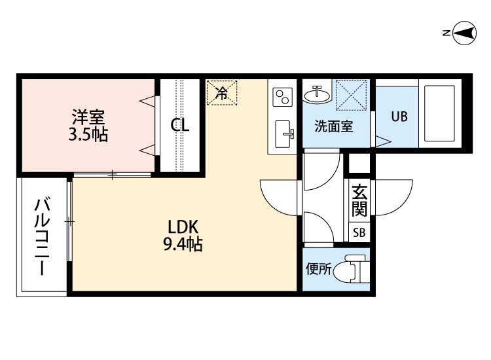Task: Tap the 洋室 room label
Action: [88, 118]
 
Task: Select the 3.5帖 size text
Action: [88, 135]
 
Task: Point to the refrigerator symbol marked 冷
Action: [223, 93]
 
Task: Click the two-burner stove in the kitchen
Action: [283, 98]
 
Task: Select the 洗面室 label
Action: [334, 126]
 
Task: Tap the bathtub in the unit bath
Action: [439, 115]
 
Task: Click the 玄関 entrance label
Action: [359, 201]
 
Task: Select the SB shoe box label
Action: [359, 232]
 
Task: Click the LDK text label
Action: [183, 228]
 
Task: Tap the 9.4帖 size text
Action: [183, 245]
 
